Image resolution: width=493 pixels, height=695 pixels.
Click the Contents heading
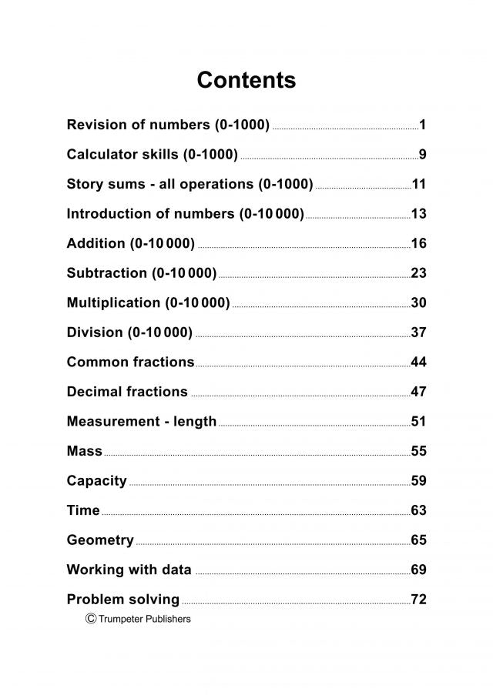pos(246,80)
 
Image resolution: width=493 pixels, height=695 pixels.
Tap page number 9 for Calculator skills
pos(422,155)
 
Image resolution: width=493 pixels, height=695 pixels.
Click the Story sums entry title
pos(189,185)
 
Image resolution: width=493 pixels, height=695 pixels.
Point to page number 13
pos(418,214)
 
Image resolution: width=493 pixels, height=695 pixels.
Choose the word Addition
pos(96,244)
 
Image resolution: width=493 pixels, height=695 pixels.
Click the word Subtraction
pos(106,273)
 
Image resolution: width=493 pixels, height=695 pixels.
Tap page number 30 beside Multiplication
pos(418,303)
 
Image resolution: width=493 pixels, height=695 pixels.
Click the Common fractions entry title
pos(130,362)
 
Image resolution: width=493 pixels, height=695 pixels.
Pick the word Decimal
pos(95,392)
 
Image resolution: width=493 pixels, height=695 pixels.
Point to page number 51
pos(418,422)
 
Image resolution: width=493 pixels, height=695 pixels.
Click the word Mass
pos(85,451)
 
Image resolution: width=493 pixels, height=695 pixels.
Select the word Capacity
pos(96,481)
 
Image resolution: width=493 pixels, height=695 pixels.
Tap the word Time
pos(83,510)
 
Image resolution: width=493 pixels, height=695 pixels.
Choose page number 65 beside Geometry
pos(418,540)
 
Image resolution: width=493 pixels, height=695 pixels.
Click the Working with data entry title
pos(129,570)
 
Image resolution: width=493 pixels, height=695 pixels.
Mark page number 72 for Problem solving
pos(418,600)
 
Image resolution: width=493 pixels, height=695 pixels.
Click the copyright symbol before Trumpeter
pos(91,618)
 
